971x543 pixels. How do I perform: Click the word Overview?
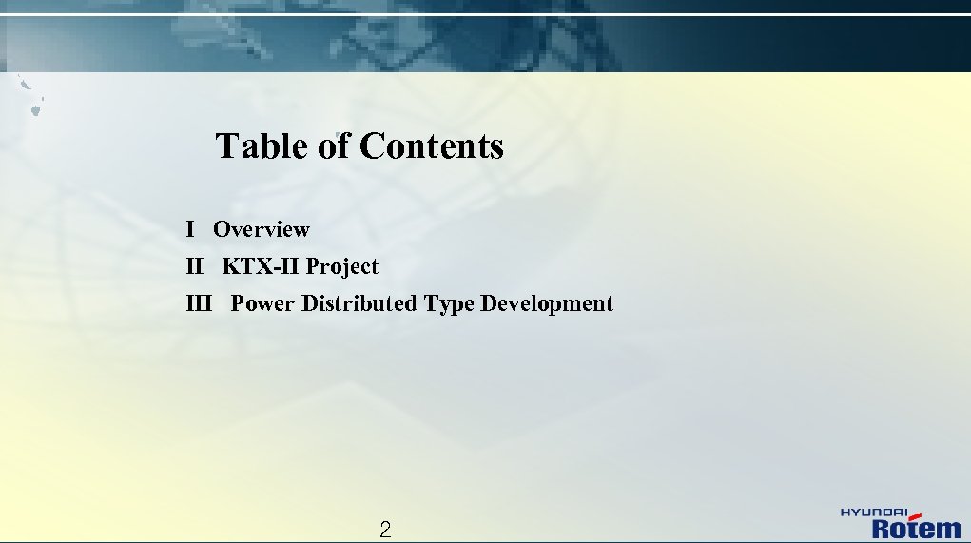coord(262,229)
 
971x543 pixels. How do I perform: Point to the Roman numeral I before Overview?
coord(191,229)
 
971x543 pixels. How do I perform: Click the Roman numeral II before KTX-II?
coord(195,267)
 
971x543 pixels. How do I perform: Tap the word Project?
coord(341,267)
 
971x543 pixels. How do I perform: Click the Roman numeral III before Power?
coord(199,304)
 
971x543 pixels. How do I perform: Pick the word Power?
coord(263,304)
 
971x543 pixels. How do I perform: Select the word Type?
coord(449,304)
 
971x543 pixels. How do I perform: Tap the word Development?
coord(547,304)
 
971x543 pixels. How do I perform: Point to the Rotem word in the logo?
coord(917,528)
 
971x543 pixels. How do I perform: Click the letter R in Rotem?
coord(882,529)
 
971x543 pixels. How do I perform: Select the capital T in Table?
coord(226,146)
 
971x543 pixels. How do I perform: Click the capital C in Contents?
coord(372,146)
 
